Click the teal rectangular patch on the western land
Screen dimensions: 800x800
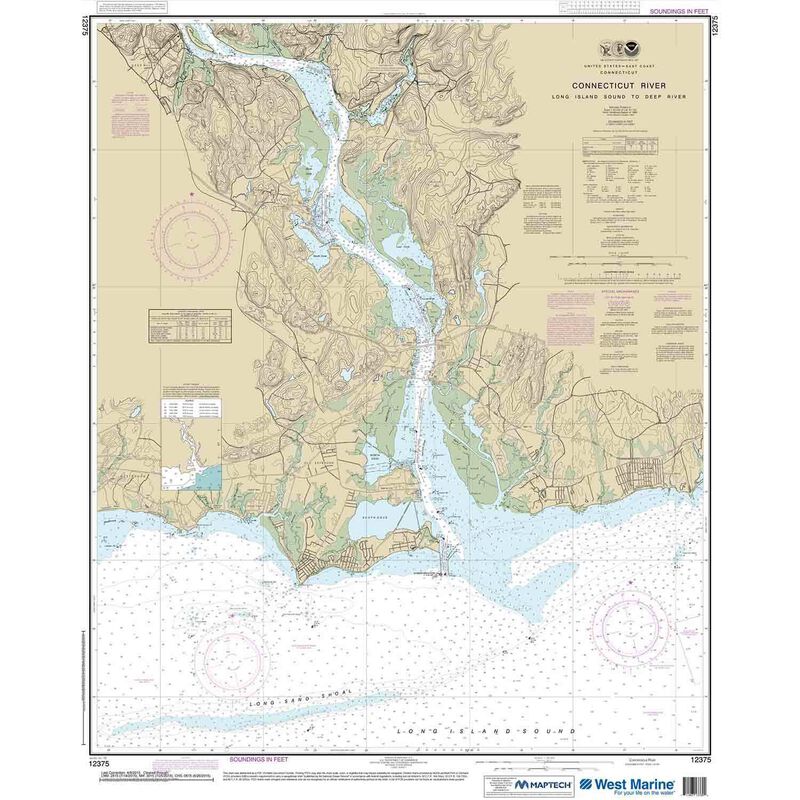pos(208,476)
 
